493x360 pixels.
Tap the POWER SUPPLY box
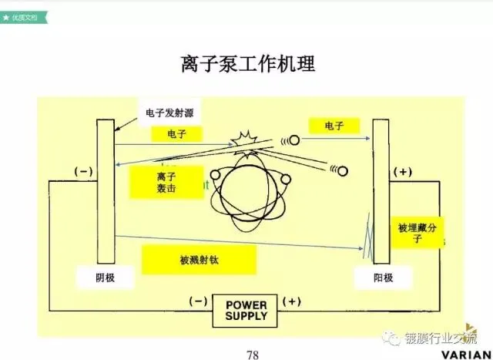(x=246, y=310)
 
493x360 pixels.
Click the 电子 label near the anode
(x=334, y=125)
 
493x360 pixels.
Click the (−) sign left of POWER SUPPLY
(x=198, y=301)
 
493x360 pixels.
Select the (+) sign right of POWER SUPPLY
(x=293, y=301)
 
